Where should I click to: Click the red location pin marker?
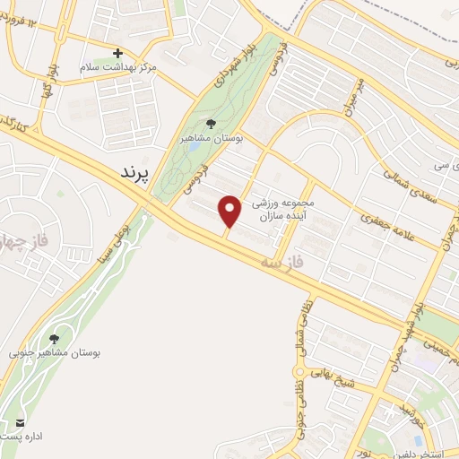point(230,210)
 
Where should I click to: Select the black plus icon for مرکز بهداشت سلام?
point(117,53)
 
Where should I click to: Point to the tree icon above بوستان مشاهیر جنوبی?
point(55,338)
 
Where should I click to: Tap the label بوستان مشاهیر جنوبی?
point(56,353)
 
